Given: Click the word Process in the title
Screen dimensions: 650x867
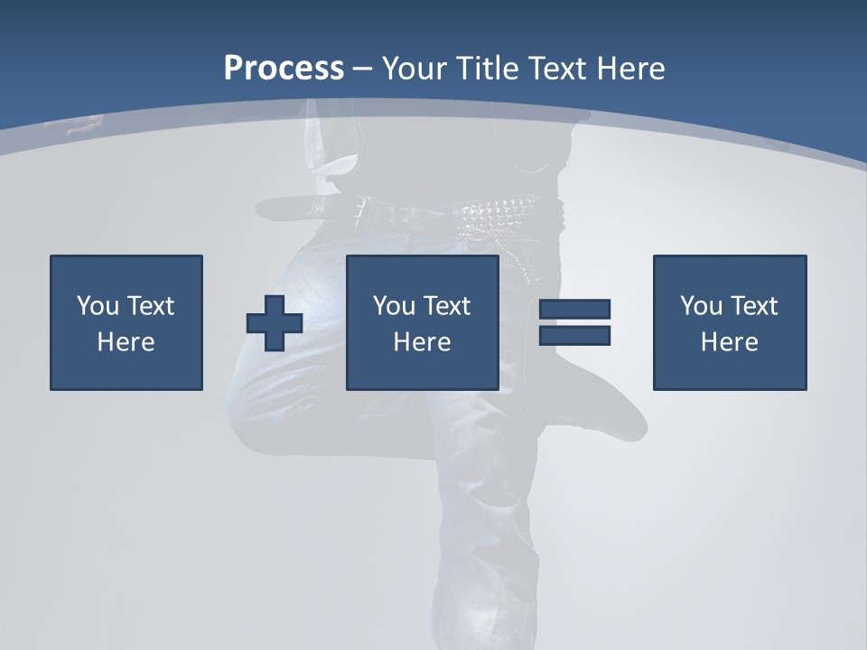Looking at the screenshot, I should [284, 69].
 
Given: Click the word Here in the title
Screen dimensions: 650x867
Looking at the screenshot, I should [629, 69].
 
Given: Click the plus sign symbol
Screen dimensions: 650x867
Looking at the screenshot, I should [275, 323].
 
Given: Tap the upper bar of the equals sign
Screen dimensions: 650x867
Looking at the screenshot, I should [574, 309].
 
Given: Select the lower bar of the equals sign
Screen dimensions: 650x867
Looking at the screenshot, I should [574, 336].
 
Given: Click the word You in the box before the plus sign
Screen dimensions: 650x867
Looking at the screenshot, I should [98, 306].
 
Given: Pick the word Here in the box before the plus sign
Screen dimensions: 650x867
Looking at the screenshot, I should [126, 342].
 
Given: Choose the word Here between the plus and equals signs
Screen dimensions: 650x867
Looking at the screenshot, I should [422, 342].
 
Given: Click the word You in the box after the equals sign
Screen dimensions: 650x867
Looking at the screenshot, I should [701, 306].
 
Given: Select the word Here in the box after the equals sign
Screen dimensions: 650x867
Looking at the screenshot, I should [729, 342].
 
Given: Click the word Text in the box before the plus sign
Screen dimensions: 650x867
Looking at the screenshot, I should [149, 306].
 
